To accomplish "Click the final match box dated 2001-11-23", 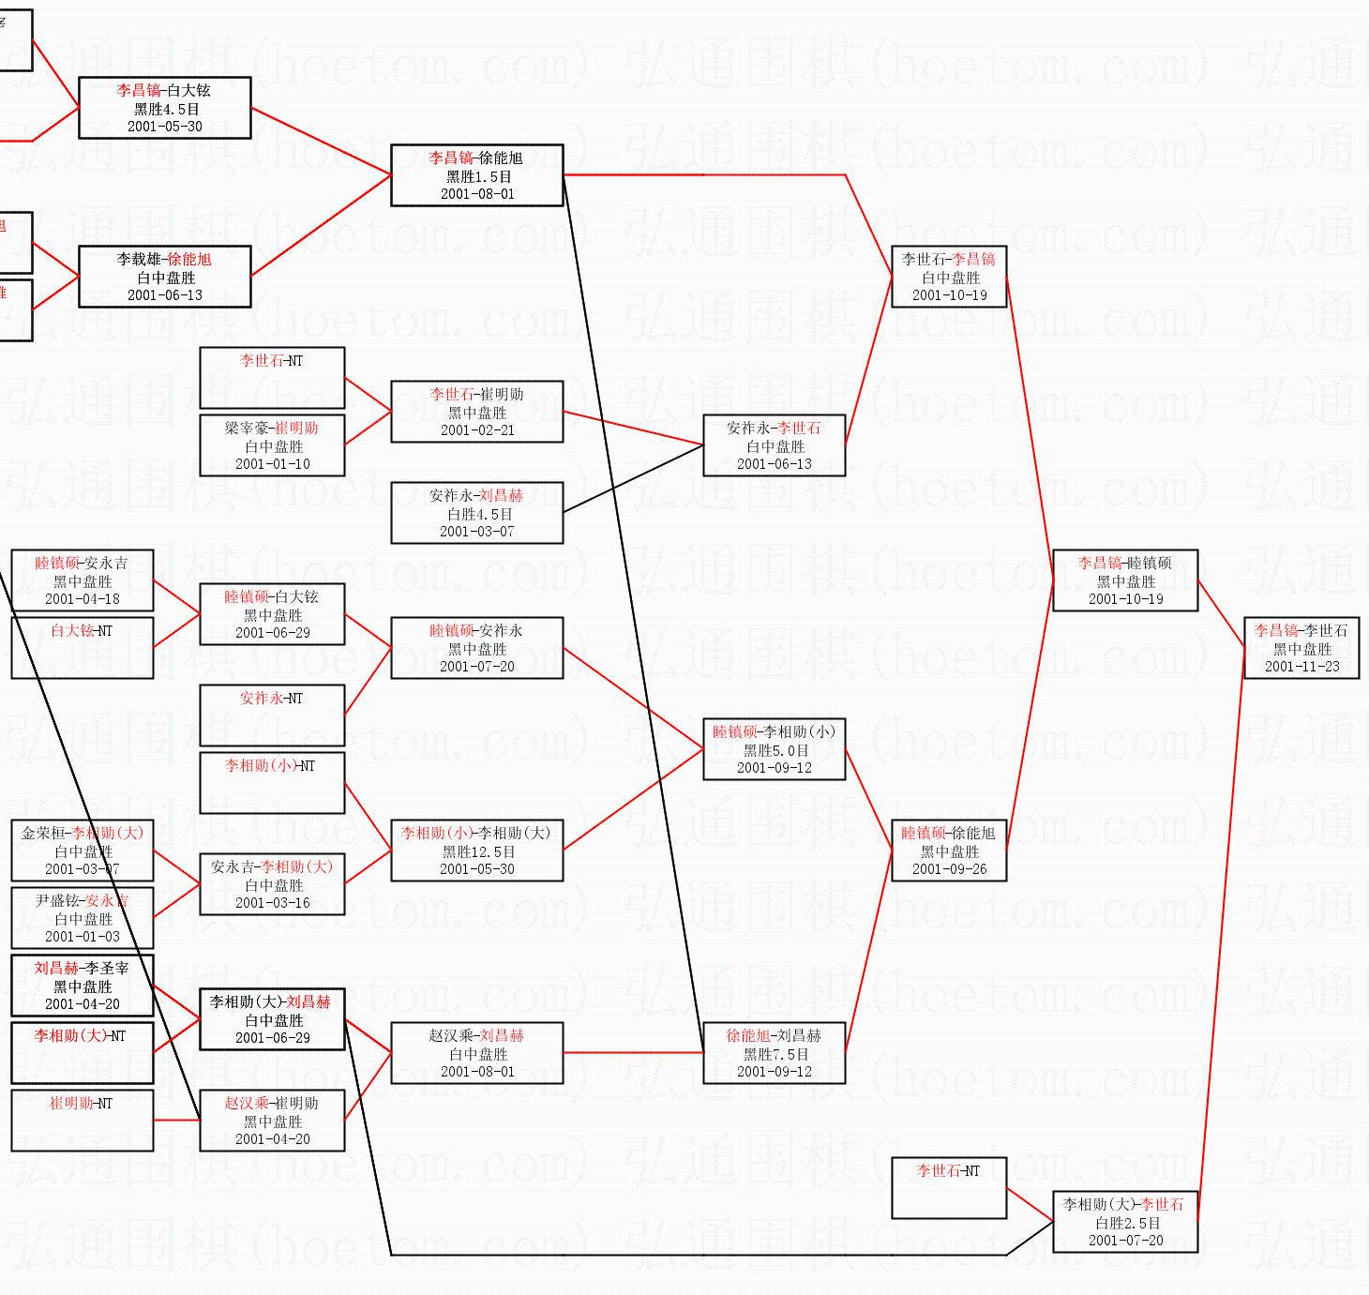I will click(x=1301, y=648).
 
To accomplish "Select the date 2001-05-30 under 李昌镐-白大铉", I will click(x=165, y=127).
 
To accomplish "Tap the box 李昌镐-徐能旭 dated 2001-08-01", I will click(x=476, y=175).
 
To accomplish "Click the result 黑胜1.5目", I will click(x=478, y=176).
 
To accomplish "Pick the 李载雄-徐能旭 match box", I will click(x=165, y=277).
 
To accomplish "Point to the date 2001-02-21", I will click(x=477, y=430).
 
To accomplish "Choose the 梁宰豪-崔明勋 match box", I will click(x=272, y=445).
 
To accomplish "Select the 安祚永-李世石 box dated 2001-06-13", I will click(x=775, y=445).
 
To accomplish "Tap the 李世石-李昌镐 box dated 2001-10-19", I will click(x=949, y=277).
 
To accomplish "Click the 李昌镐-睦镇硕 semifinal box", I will click(x=1125, y=580).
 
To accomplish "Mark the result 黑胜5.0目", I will click(x=775, y=750).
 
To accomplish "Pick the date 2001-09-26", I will click(x=950, y=869).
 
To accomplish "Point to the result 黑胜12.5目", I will click(x=478, y=851).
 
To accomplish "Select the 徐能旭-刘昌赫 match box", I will click(x=775, y=1053).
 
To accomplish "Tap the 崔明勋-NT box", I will click(x=82, y=1121).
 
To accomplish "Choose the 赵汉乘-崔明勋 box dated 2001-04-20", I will click(x=272, y=1121).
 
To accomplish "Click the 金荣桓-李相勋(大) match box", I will click(x=82, y=851).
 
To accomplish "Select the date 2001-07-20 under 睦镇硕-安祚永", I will click(x=477, y=667).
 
